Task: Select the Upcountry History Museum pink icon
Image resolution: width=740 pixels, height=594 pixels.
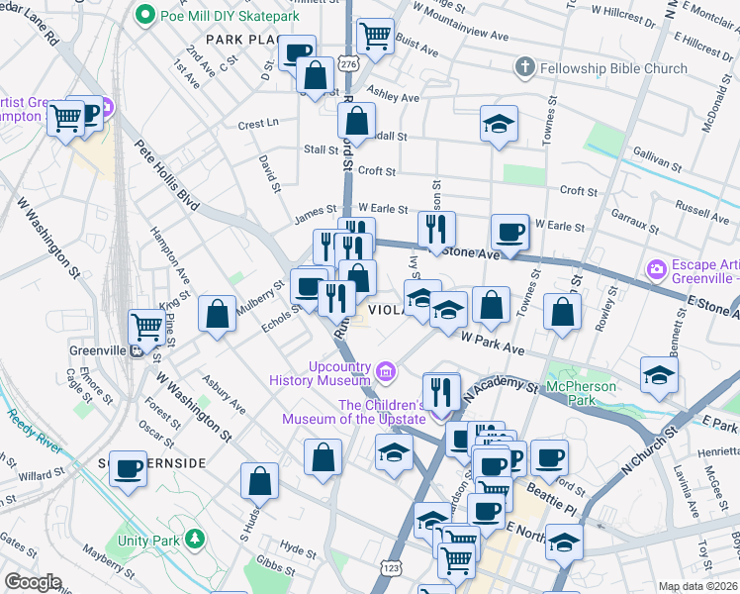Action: coord(387,372)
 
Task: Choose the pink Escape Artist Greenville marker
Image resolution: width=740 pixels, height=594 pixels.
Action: coord(654,269)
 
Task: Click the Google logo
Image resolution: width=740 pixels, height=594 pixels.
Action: coord(33,582)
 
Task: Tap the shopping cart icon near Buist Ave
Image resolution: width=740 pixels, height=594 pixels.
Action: coord(375,37)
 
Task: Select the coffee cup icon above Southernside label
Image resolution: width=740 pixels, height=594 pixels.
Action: coord(128,468)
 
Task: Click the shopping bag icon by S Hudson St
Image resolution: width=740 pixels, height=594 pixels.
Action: coord(259,481)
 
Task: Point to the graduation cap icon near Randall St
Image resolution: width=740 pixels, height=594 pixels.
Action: coord(500,124)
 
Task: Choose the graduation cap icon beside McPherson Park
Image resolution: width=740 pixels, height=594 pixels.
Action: coord(659,374)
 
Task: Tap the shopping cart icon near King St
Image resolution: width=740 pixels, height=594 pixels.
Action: coord(147,325)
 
